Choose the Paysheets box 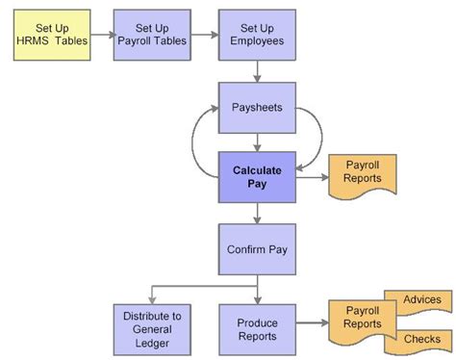(256, 107)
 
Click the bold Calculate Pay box (256, 176)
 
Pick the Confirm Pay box (256, 249)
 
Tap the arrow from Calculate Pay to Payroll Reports (311, 176)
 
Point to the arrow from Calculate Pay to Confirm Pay (257, 214)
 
